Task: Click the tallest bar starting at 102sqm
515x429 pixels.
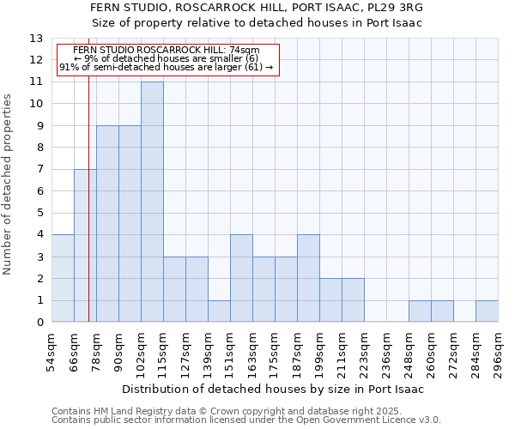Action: pyautogui.click(x=152, y=202)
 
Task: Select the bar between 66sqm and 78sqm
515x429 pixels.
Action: pyautogui.click(x=85, y=245)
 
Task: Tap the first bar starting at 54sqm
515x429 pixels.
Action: pyautogui.click(x=63, y=278)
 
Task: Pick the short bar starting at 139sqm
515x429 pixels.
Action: pyautogui.click(x=219, y=311)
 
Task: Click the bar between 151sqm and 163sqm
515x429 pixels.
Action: pyautogui.click(x=241, y=278)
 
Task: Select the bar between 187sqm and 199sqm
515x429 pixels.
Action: pyautogui.click(x=308, y=278)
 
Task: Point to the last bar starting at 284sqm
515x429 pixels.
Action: pyautogui.click(x=487, y=311)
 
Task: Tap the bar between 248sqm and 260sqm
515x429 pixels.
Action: pyautogui.click(x=420, y=311)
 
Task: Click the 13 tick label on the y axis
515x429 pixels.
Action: pyautogui.click(x=36, y=39)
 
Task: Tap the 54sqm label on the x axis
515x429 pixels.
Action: pyautogui.click(x=51, y=352)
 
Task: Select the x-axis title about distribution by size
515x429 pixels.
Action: pyautogui.click(x=275, y=389)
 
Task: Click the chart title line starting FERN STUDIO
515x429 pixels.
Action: pyautogui.click(x=269, y=8)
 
